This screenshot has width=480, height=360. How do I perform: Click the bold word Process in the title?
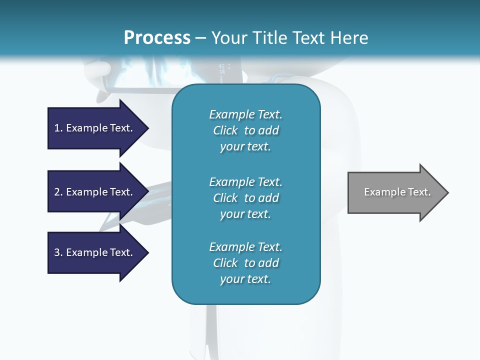coord(157,38)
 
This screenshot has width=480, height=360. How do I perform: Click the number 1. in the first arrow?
coord(58,128)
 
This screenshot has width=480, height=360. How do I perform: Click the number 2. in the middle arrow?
coord(58,192)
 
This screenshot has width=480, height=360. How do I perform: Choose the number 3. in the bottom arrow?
coord(58,252)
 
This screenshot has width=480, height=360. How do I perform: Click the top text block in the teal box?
coord(245,130)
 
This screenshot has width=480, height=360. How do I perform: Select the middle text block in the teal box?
coord(245,198)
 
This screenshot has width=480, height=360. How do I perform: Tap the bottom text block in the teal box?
coord(245,263)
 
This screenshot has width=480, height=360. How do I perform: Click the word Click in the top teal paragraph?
coord(225,130)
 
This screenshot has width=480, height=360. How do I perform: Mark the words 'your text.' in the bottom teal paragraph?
coord(245,279)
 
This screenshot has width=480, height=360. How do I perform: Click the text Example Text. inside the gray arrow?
coord(397,192)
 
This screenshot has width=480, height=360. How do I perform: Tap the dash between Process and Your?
coord(201,38)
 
